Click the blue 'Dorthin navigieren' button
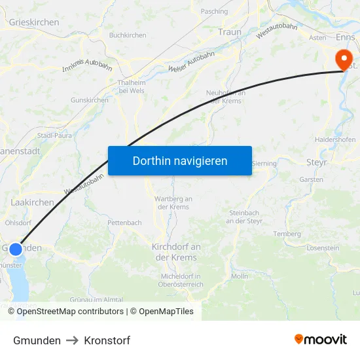click(179, 160)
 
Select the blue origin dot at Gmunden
click(16, 249)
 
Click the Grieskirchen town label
click(34, 22)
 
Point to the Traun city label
click(230, 32)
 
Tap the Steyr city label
click(317, 162)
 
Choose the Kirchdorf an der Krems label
click(176, 252)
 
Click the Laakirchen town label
click(32, 203)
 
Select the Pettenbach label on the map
click(124, 223)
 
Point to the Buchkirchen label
click(128, 35)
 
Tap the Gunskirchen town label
click(90, 100)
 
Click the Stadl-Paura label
click(54, 135)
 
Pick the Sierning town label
click(264, 163)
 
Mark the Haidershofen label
click(335, 140)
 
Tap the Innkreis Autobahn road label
click(87, 63)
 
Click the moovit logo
click(321, 340)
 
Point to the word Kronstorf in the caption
click(107, 340)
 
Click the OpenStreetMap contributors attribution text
click(70, 312)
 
